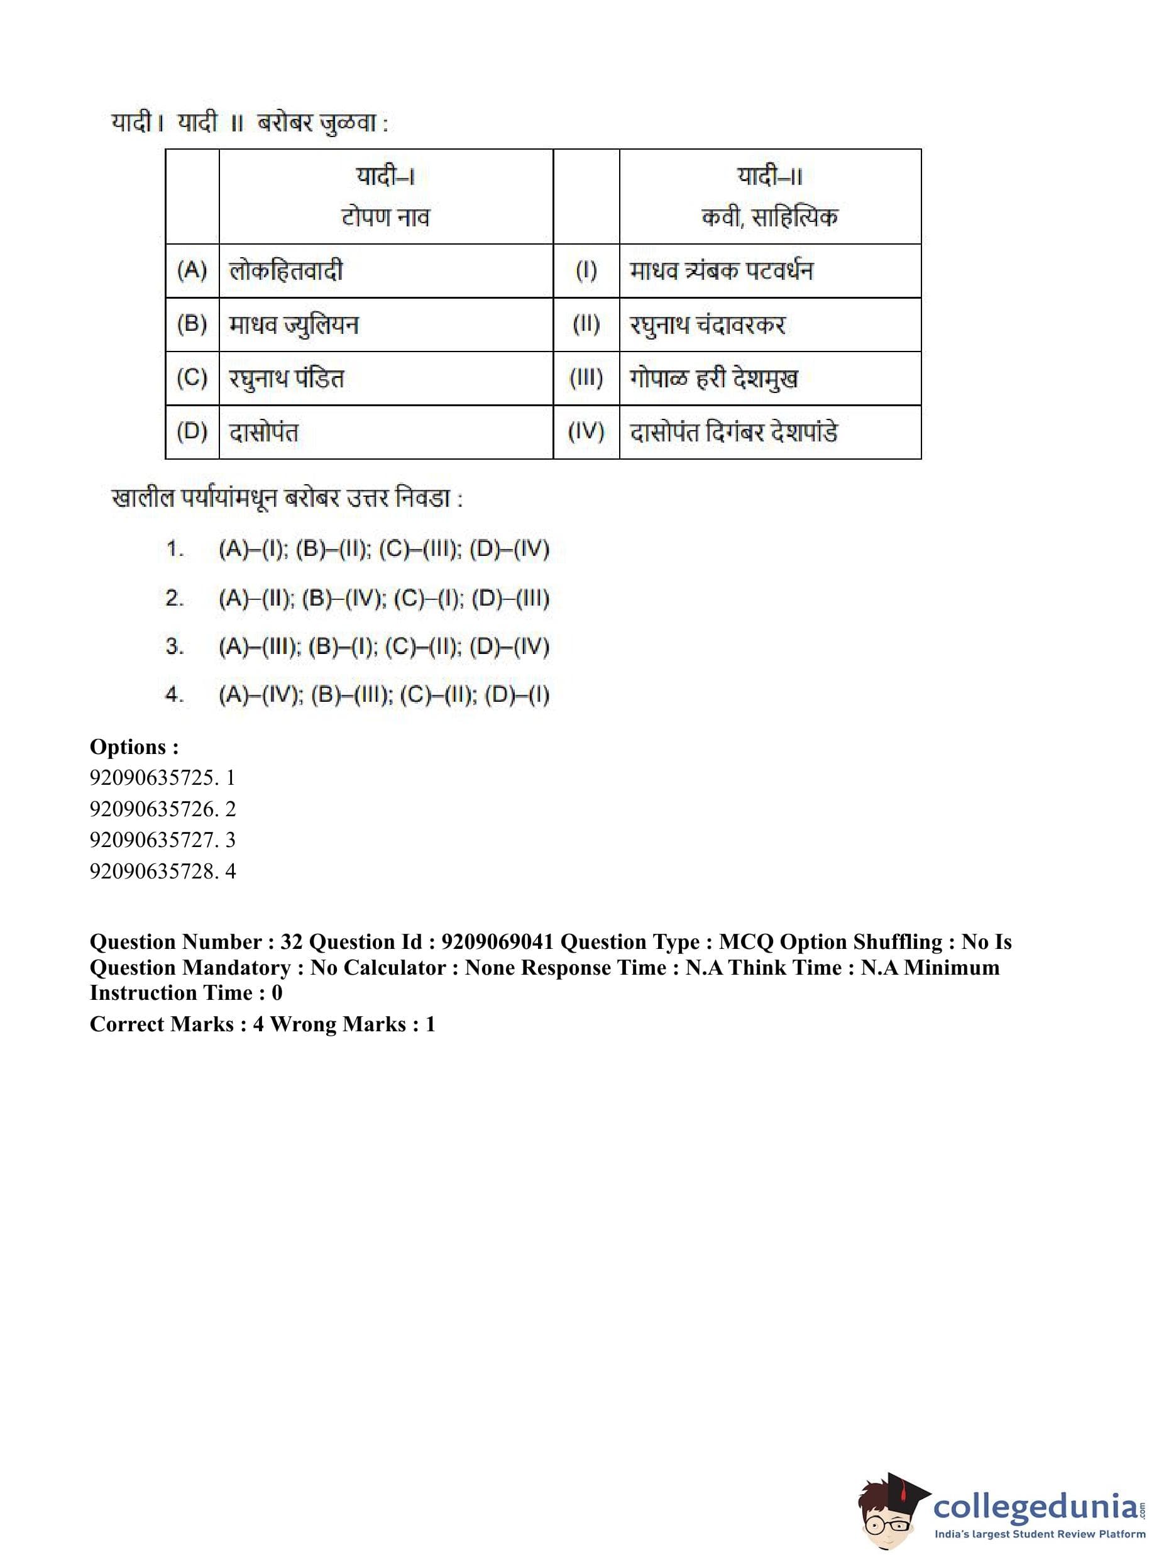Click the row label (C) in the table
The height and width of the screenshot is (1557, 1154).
[x=192, y=378]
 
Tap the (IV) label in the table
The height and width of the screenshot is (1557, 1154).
[x=586, y=432]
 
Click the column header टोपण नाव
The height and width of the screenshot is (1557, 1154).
[x=385, y=217]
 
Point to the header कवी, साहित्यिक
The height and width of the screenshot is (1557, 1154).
[x=769, y=217]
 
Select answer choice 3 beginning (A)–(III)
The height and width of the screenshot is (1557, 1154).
[x=383, y=646]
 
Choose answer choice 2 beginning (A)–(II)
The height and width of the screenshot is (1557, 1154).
[x=383, y=598]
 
